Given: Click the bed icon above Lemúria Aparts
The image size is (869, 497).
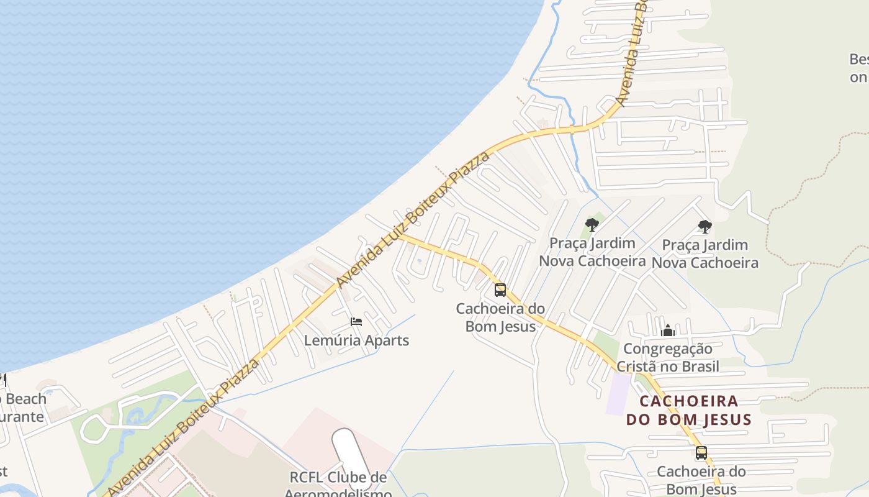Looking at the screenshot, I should pyautogui.click(x=356, y=321).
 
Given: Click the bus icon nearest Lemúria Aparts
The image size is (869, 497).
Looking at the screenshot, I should pyautogui.click(x=500, y=290).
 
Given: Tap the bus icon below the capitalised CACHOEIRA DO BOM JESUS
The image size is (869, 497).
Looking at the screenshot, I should pyautogui.click(x=701, y=453).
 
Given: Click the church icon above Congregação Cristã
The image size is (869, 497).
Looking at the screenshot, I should pyautogui.click(x=668, y=330).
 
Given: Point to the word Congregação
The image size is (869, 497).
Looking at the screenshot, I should pyautogui.click(x=668, y=349).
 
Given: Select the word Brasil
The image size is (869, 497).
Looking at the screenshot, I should pyautogui.click(x=696, y=367).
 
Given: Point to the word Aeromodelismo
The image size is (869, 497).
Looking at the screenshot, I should pyautogui.click(x=338, y=493).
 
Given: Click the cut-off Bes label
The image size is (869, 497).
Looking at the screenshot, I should pyautogui.click(x=859, y=60).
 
